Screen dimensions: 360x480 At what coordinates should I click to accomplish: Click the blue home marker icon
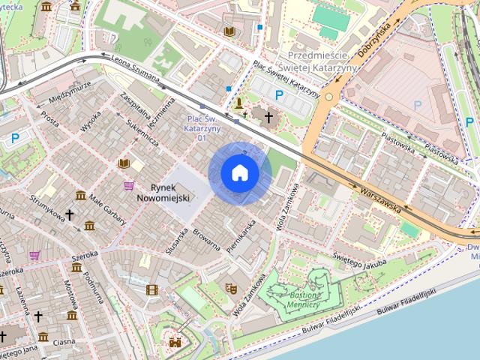click(240, 173)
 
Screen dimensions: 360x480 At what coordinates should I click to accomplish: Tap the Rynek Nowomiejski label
click(163, 192)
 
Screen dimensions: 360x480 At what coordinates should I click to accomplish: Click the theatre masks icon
click(231, 287)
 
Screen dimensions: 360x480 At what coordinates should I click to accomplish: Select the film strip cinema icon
click(152, 289)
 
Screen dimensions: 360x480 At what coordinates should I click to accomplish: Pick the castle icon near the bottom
click(175, 342)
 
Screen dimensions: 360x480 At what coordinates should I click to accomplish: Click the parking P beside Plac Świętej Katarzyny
click(279, 95)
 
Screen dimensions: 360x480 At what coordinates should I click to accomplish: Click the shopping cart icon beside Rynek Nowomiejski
click(129, 185)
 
